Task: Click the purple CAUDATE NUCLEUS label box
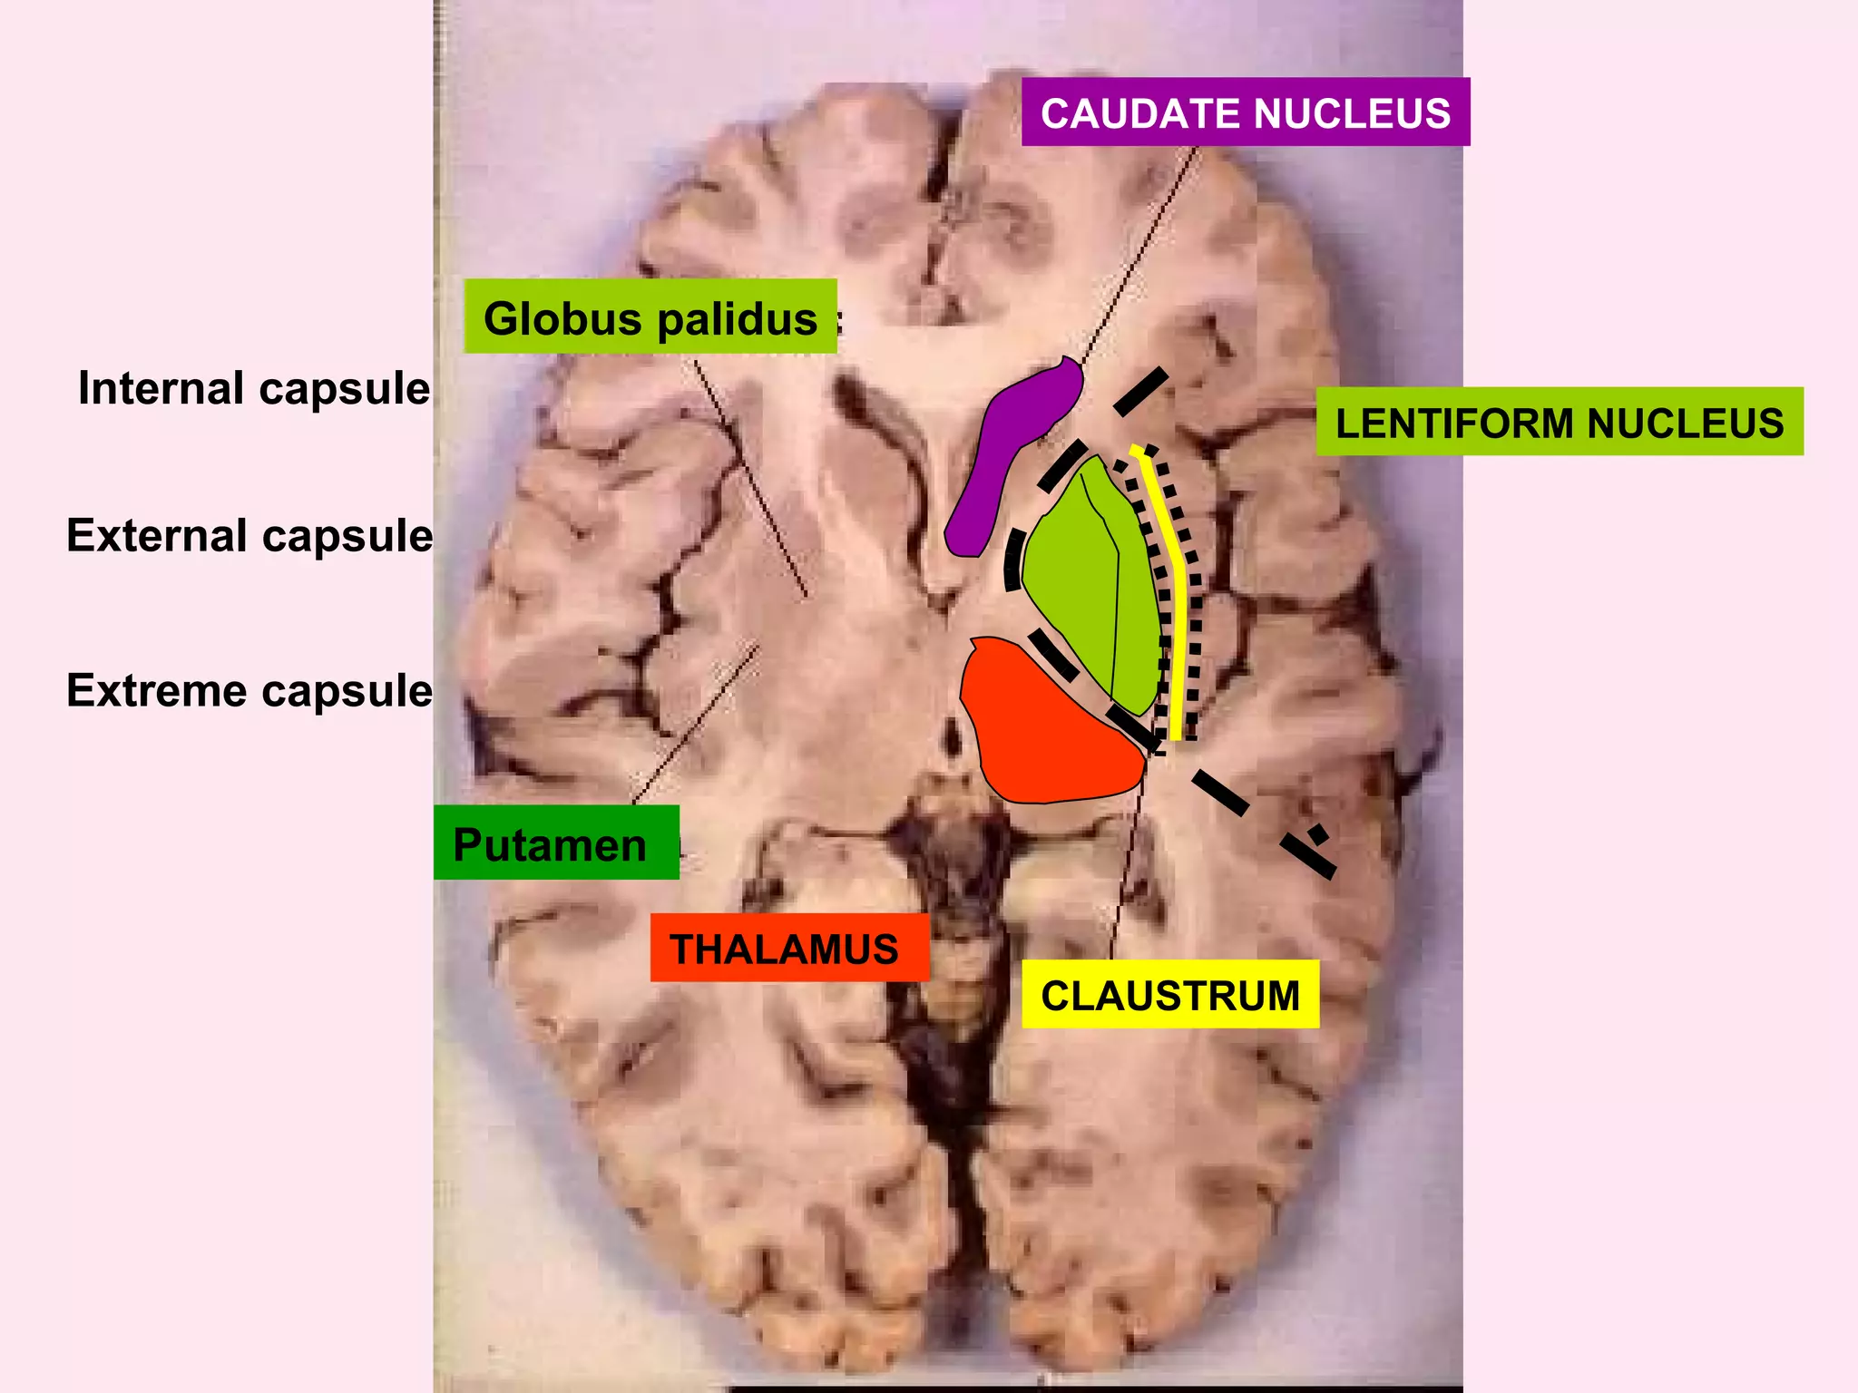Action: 1245,112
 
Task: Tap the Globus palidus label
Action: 650,317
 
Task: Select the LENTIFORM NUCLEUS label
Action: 1559,423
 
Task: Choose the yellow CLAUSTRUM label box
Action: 1169,995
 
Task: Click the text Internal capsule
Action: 254,389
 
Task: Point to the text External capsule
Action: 249,536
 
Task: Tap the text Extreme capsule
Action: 249,691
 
